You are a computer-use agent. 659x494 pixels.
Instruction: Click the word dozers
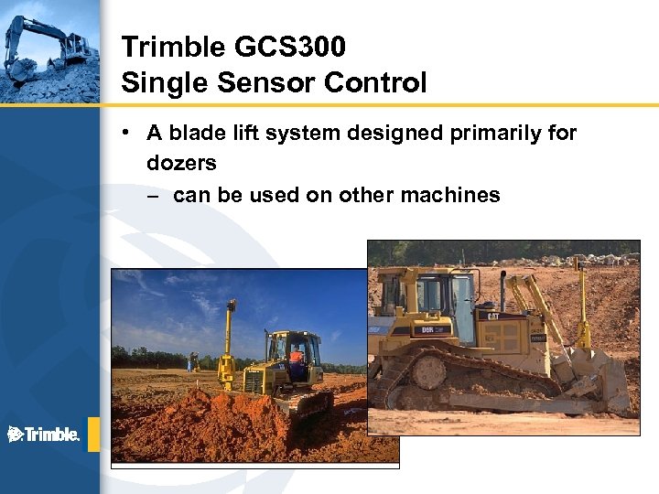(x=181, y=164)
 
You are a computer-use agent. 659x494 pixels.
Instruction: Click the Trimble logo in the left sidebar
(x=44, y=434)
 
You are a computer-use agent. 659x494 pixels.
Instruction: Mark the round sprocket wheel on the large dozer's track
(x=429, y=371)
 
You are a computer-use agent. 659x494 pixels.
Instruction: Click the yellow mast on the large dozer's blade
(x=579, y=302)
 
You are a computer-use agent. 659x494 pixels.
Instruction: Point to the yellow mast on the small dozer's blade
(x=230, y=338)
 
